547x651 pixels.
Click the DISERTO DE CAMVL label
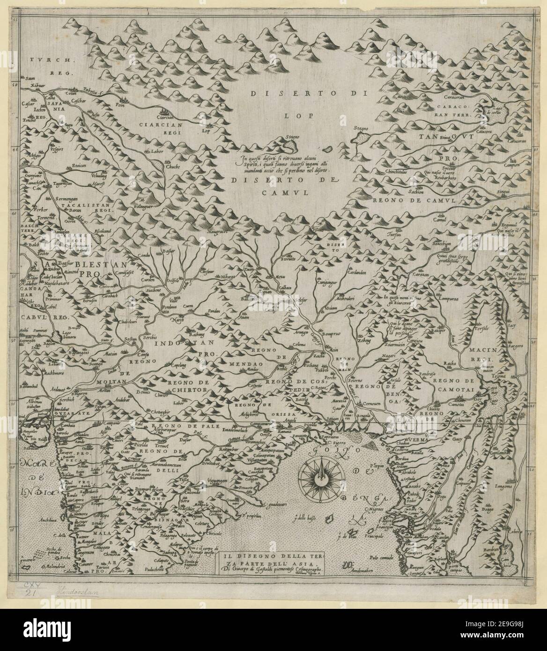tap(285, 185)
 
